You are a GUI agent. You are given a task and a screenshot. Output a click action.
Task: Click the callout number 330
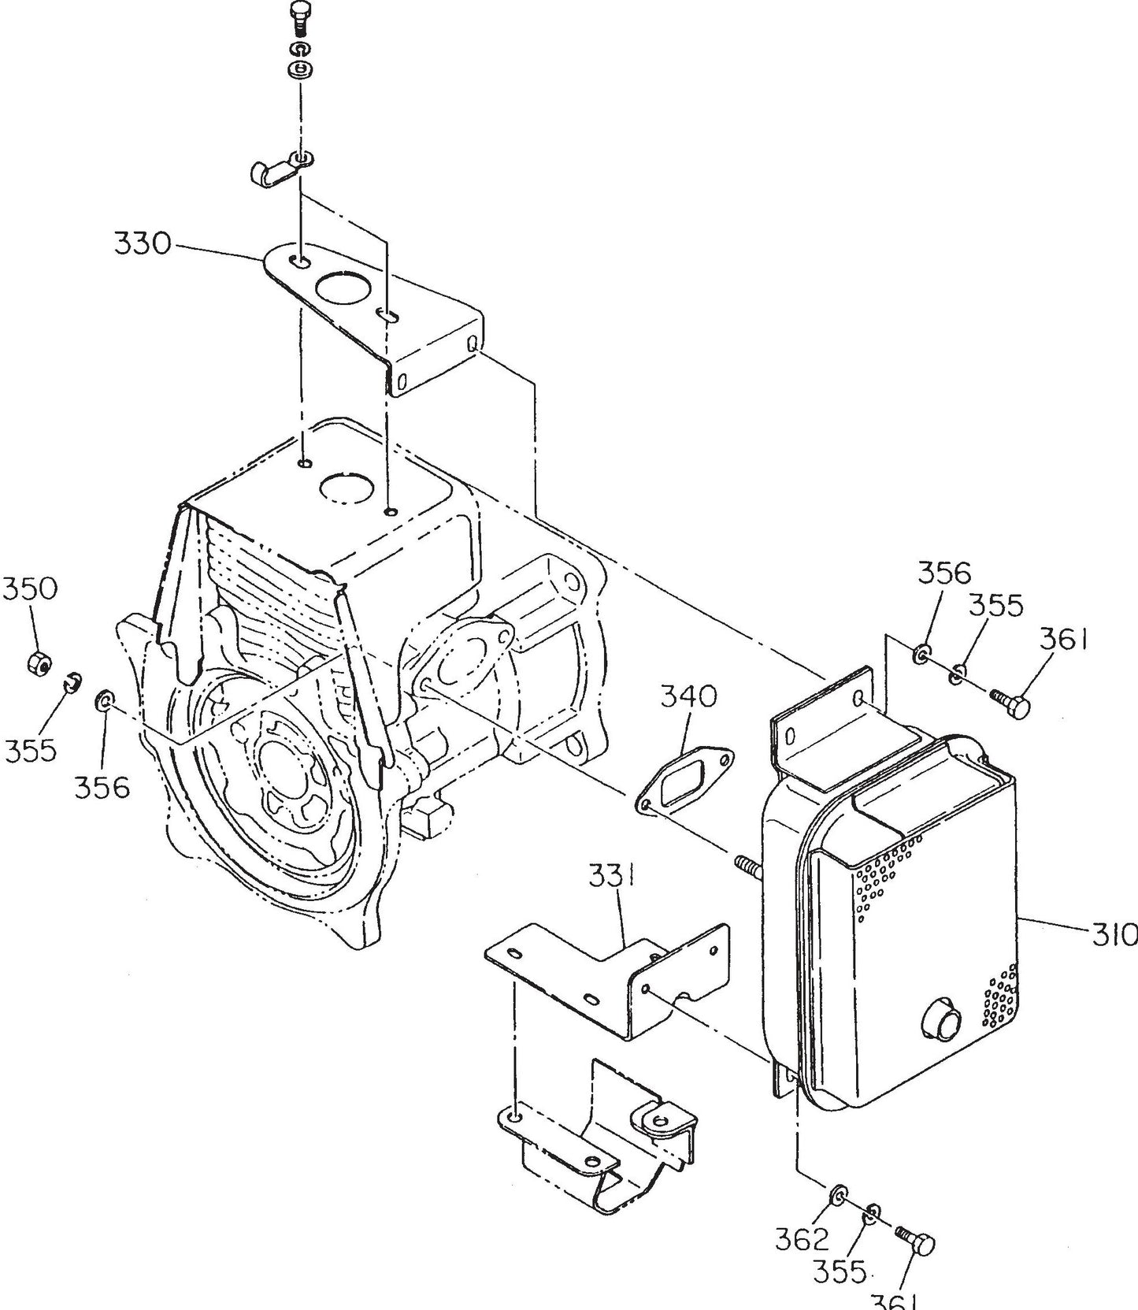[142, 243]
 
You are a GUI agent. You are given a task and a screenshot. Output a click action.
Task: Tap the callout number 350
[30, 588]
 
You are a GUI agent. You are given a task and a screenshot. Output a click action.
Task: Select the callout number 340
[689, 696]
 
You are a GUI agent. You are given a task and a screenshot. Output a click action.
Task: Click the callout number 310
[1114, 935]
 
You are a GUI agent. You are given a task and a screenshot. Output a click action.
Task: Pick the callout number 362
[801, 1239]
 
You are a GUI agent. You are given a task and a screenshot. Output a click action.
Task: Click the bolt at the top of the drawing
[299, 15]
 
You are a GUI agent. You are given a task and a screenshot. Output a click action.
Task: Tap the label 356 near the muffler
[944, 573]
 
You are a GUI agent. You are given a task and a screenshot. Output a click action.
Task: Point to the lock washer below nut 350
[72, 681]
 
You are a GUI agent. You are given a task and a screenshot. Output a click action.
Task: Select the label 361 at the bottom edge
[895, 1301]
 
